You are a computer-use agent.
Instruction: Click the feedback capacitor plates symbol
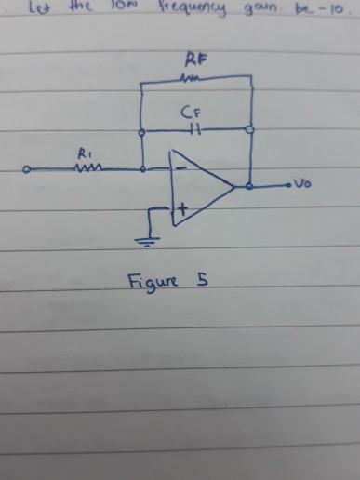[194, 129]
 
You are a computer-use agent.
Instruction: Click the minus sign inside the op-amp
[181, 168]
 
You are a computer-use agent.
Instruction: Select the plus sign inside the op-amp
[182, 211]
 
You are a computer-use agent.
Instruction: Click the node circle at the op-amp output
[251, 187]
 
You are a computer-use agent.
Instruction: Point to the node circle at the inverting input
[141, 169]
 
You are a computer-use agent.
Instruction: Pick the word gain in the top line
[264, 9]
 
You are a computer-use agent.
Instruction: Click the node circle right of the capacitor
[251, 129]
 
